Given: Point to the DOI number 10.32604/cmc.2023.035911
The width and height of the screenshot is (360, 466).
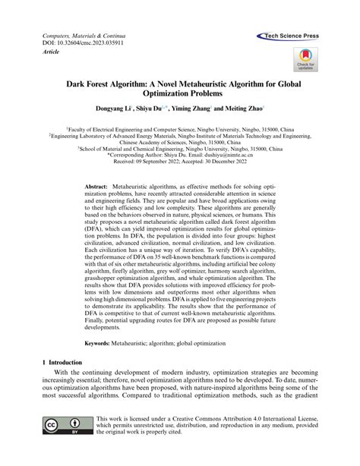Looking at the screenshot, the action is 91,45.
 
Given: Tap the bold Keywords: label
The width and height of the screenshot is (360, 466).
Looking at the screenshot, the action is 103,343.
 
